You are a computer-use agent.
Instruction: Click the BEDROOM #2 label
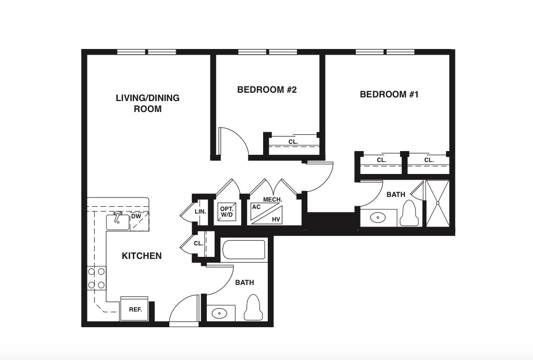pos(267,90)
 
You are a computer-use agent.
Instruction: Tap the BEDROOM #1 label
pos(389,94)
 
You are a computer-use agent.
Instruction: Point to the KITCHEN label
pos(142,256)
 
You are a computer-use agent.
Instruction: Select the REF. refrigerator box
pos(134,308)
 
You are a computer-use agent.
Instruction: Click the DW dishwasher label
pos(135,217)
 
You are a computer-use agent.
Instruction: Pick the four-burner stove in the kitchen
pos(96,278)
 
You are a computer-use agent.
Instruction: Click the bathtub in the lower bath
pos(243,250)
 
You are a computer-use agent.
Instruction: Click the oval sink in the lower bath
pos(219,313)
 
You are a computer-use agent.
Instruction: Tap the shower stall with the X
pos(438,203)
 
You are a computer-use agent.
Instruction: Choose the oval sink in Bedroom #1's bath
pos(377,218)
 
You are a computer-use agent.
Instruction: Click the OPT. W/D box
pos(227,212)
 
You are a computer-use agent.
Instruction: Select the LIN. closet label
pos(200,212)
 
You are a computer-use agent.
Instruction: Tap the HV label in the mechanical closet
pos(276,220)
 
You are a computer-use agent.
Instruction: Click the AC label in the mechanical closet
pos(256,207)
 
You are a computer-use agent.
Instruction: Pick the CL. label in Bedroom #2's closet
pos(293,142)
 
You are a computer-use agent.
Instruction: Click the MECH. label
pos(272,200)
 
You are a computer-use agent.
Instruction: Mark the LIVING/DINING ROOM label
pos(147,103)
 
